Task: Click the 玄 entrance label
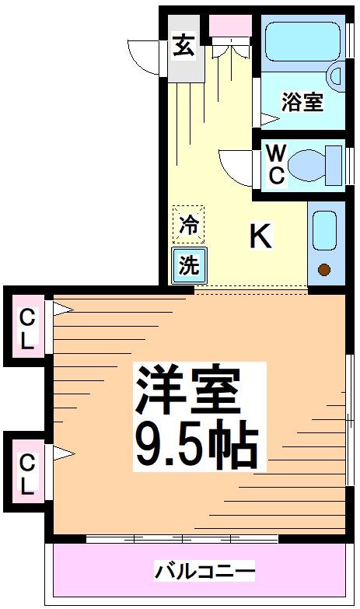pos(184,46)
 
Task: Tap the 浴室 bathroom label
pos(302,102)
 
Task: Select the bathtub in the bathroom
pos(302,41)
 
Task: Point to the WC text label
pos(276,163)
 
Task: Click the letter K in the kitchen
pos(261,236)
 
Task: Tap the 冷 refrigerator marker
pos(188,226)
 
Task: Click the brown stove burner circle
pos(325,271)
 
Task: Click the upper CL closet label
pos(27,327)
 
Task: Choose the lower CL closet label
pos(27,474)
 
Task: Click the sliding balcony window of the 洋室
pos(182,538)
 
